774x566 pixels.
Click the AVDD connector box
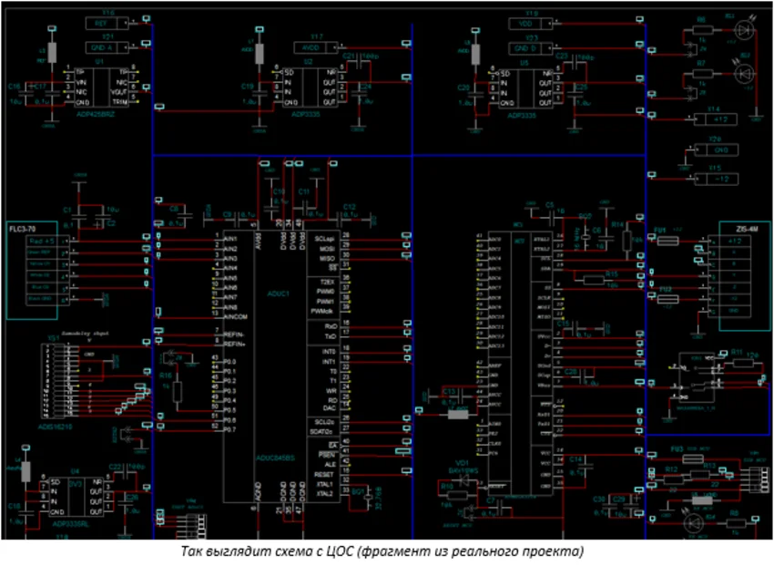tap(311, 46)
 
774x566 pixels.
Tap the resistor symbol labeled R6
tap(701, 30)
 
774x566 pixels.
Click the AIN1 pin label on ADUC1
tap(230, 238)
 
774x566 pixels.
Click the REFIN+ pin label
tap(234, 344)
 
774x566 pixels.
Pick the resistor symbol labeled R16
tap(178, 392)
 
